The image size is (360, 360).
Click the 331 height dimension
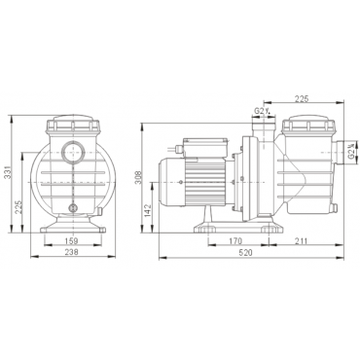pos(8,172)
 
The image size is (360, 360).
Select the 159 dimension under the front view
pos(72,241)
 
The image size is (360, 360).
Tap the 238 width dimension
pos(72,252)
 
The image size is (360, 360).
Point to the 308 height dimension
pos(138,177)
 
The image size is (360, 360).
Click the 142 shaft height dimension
pos(148,211)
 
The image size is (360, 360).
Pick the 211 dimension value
pos(301,241)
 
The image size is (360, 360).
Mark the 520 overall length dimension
pos(245,253)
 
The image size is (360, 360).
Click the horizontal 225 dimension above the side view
pos(302,99)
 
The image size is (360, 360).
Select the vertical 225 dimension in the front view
pos(18,207)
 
